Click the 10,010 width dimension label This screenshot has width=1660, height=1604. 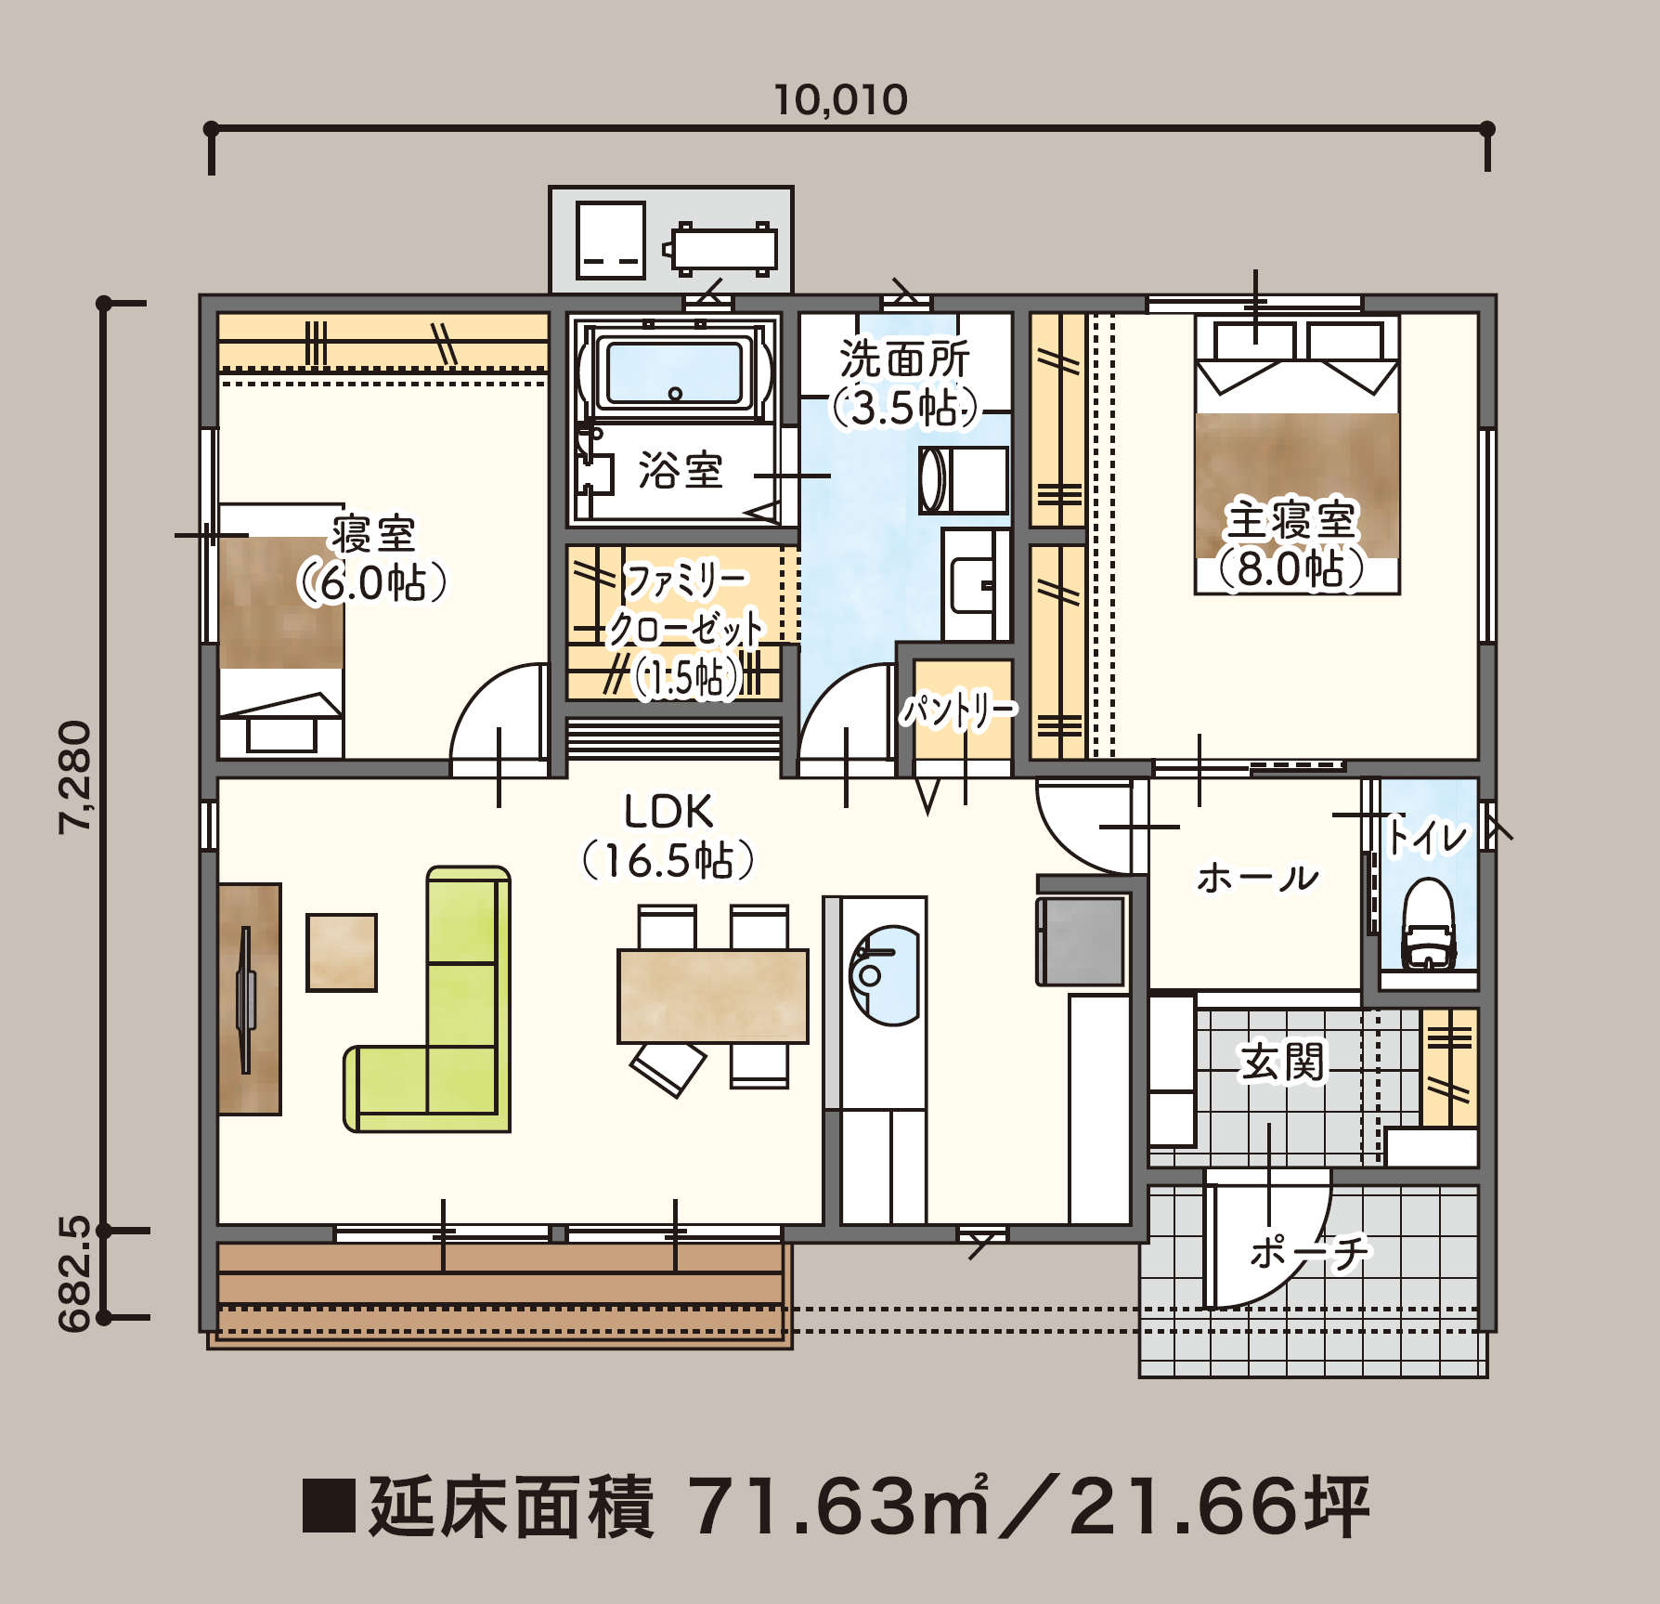[841, 100]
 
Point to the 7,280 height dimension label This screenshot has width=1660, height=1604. [75, 777]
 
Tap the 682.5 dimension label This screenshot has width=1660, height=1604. [75, 1273]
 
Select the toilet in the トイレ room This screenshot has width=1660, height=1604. [1428, 923]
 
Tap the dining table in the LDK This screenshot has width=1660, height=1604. [713, 996]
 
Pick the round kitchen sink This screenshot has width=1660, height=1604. [884, 975]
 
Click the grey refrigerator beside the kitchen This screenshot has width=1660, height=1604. [1083, 940]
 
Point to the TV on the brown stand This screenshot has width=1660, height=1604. [246, 1000]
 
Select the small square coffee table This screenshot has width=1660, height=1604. [342, 952]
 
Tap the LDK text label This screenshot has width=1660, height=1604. [668, 813]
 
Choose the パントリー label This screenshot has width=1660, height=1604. [959, 711]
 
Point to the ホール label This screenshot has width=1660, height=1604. [1258, 878]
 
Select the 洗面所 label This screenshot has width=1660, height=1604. [905, 359]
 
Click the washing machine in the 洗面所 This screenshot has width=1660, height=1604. [964, 480]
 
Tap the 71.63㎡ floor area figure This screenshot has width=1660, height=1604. [832, 1506]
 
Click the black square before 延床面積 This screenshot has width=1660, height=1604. [329, 1506]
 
